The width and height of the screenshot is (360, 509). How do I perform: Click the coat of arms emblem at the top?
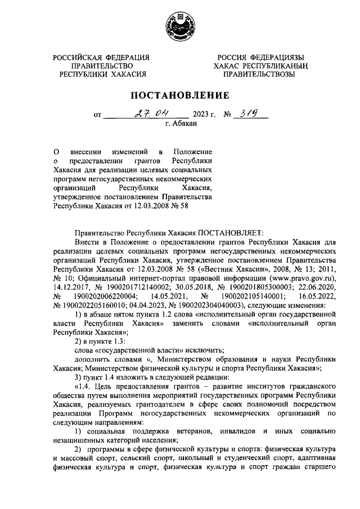(x=181, y=26)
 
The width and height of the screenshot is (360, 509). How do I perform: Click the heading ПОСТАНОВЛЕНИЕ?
(x=181, y=95)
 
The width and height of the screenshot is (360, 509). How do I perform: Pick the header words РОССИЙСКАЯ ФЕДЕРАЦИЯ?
(x=101, y=57)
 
